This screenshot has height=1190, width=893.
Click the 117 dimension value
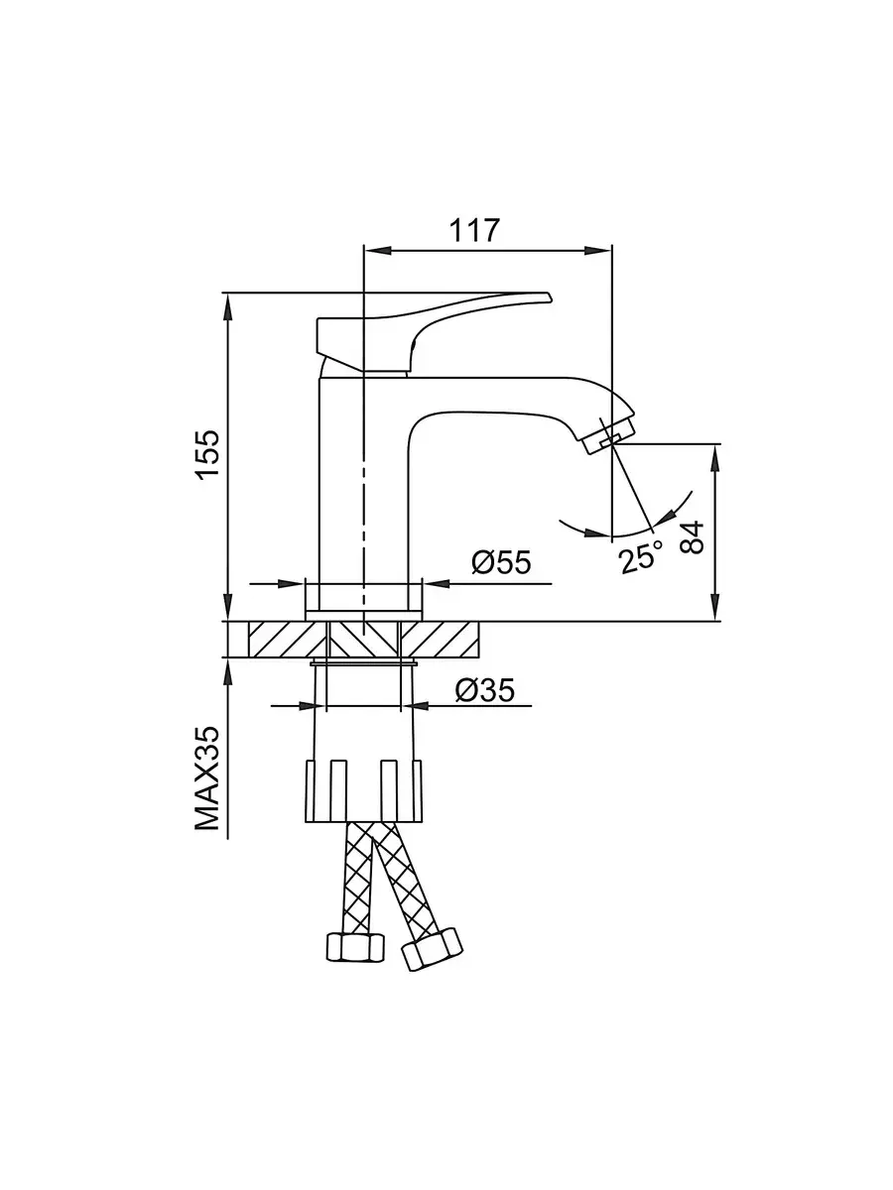[x=473, y=229]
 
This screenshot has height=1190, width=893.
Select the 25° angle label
[x=640, y=558]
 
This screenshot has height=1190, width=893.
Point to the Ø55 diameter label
[x=501, y=563]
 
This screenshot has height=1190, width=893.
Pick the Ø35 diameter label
[x=485, y=690]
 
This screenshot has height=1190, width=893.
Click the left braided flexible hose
[x=356, y=878]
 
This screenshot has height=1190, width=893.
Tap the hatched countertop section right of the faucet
[x=445, y=640]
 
